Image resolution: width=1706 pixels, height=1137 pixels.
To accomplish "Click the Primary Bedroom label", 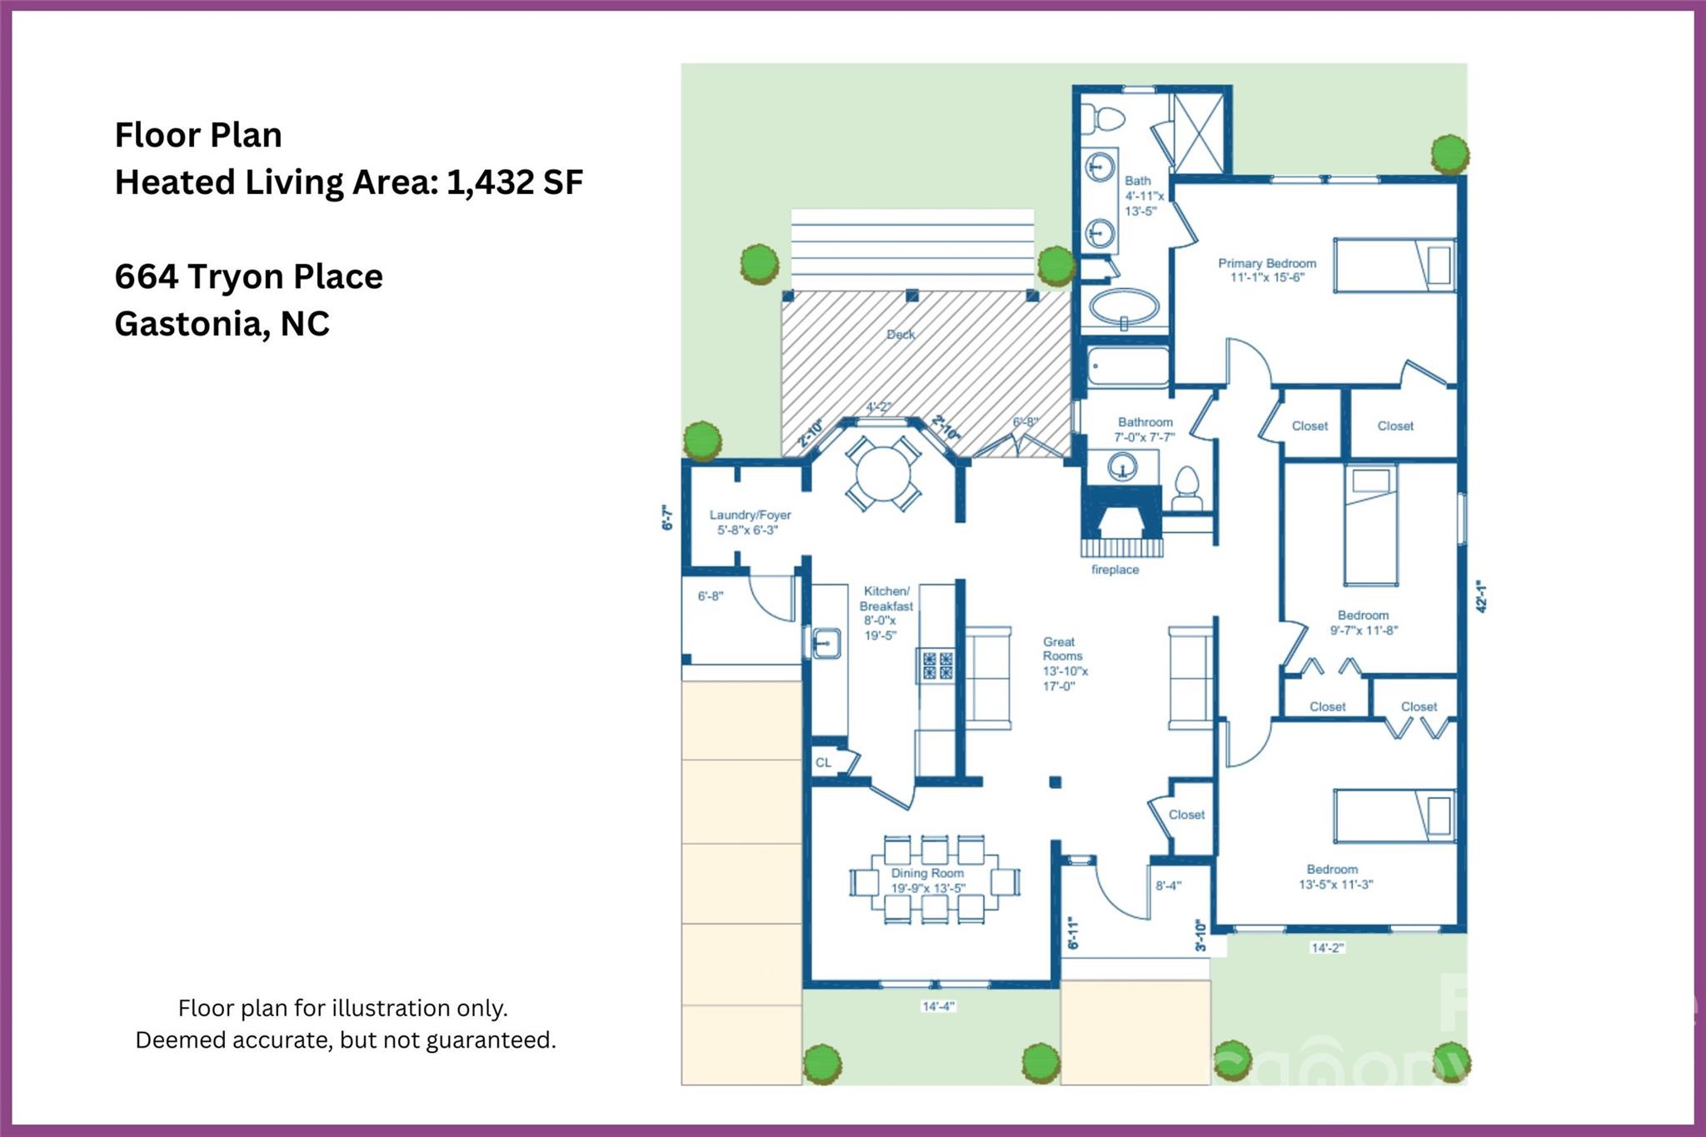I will pos(1267,270).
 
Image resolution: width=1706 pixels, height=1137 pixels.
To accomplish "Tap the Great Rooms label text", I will pos(1064,663).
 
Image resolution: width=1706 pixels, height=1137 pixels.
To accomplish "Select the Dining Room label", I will pos(927,880).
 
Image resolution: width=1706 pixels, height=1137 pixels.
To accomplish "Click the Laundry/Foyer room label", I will pos(750,522).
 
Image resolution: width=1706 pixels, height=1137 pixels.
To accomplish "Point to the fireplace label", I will pos(1115,570).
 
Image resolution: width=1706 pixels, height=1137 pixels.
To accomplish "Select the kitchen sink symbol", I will pos(826,644).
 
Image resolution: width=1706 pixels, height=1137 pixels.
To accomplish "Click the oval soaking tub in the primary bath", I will pos(1124,307).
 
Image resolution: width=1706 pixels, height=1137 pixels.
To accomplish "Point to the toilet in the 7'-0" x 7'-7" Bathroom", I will pos(1186,487).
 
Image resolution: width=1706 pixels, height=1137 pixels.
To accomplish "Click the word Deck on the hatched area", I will pos(900,334).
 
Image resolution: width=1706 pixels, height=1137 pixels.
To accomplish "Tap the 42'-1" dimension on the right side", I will pos(1481,596).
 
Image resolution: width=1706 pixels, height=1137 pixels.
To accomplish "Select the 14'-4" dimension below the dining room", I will pos(938,1006).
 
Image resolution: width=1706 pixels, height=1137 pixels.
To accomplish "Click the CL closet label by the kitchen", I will pos(823,762).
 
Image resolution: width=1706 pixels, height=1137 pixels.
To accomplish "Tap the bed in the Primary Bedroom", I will pos(1394,265).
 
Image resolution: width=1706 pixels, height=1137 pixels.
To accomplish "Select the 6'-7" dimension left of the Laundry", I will pos(666,517).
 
